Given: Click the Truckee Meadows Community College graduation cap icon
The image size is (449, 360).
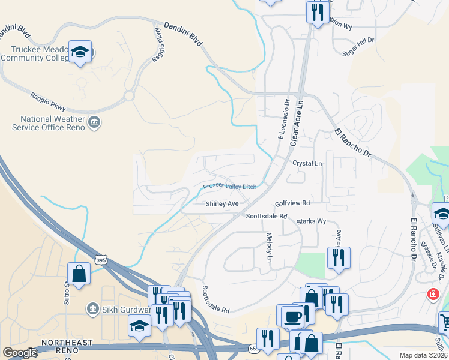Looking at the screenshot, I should [79, 52].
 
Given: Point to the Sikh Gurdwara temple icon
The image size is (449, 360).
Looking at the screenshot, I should [93, 309].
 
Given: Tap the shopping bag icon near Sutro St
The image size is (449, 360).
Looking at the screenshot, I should [79, 274].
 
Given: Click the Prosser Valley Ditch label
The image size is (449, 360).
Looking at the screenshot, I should [229, 187].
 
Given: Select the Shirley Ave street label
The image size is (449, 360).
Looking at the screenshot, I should [222, 204].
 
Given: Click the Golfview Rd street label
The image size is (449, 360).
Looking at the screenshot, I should [292, 203].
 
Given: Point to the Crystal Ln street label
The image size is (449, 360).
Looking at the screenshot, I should [307, 163].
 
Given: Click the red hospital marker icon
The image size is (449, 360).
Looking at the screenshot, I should [432, 295].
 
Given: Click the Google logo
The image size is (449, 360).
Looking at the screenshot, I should [20, 353].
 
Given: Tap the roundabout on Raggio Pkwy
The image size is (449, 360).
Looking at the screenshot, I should [128, 95].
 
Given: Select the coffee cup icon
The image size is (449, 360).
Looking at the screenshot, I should [292, 316].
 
